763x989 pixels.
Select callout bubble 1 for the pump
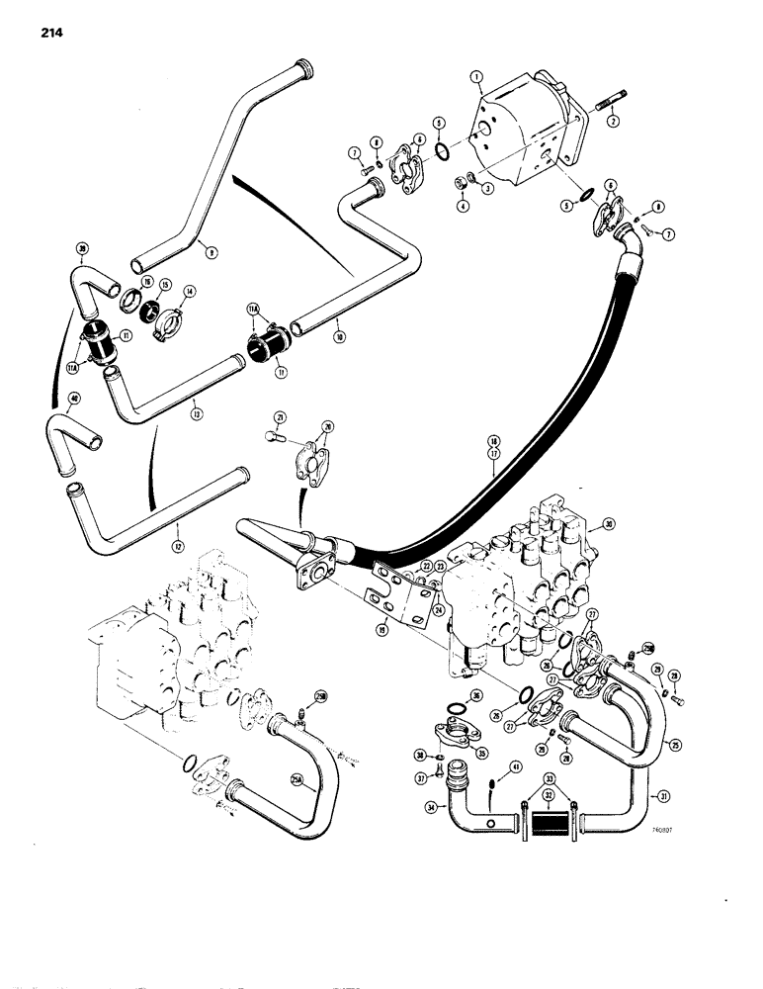pyautogui.click(x=477, y=74)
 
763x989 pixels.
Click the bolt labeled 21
pyautogui.click(x=278, y=437)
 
